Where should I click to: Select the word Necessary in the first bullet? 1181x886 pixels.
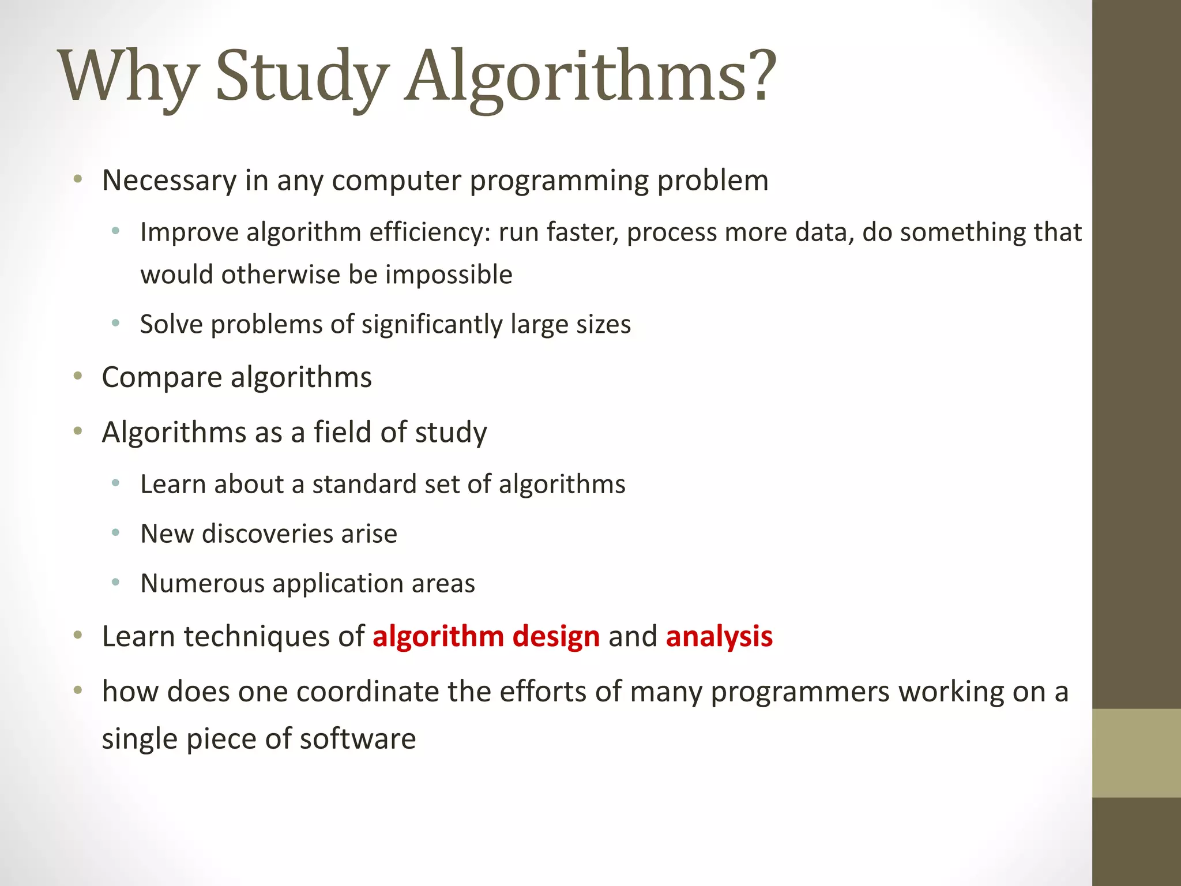coord(169,181)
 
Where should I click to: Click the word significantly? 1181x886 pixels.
coord(432,325)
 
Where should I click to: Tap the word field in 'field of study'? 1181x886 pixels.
coord(343,432)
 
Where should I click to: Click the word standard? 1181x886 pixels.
coord(364,484)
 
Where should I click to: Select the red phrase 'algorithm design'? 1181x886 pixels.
coord(486,636)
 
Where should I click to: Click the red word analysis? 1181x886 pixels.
coord(719,636)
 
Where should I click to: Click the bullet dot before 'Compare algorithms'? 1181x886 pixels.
coord(78,377)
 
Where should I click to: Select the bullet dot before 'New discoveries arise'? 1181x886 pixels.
coord(116,533)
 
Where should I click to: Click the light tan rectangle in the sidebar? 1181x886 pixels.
coord(1136,753)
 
